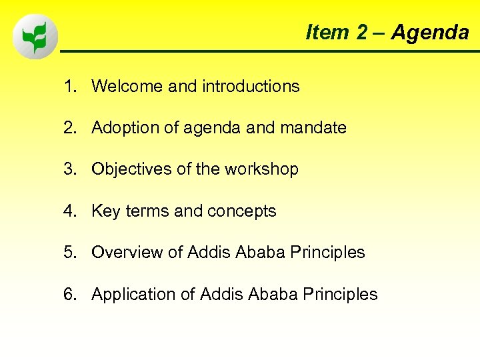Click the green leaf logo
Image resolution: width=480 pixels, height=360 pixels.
35,37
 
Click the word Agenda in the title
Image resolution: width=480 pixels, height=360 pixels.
430,32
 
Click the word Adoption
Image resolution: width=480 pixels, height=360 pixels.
124,127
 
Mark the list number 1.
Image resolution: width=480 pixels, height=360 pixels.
69,86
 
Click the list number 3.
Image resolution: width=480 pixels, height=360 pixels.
69,169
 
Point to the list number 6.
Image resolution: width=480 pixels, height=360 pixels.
69,294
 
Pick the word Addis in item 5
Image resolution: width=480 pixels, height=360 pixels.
208,253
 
